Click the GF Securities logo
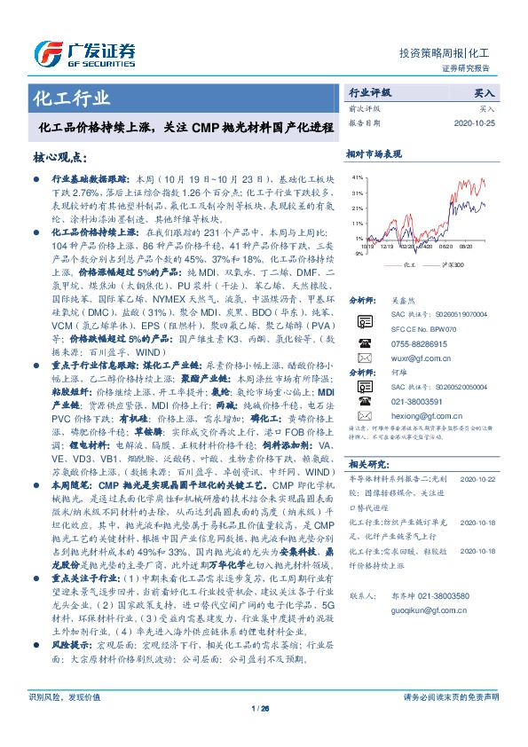pos(84,51)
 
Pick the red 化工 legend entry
pos(406,264)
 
